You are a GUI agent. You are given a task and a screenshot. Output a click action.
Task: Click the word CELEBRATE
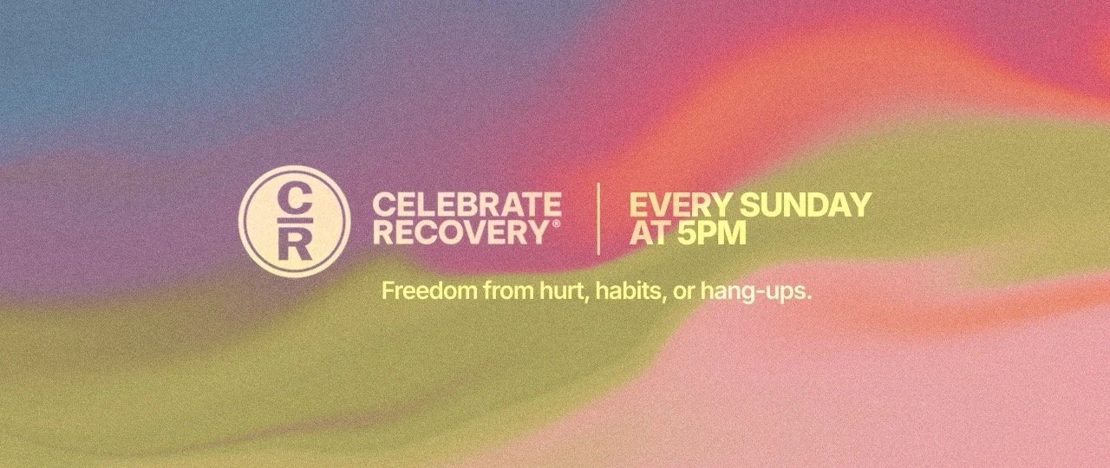click(x=467, y=205)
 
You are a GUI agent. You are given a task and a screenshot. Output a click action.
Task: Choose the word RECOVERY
click(x=460, y=232)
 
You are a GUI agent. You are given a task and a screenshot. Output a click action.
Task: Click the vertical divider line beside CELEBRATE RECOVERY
click(x=598, y=218)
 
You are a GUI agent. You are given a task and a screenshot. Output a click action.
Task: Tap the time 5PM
click(x=711, y=232)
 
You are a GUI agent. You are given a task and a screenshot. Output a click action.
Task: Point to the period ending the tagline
click(x=808, y=297)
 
